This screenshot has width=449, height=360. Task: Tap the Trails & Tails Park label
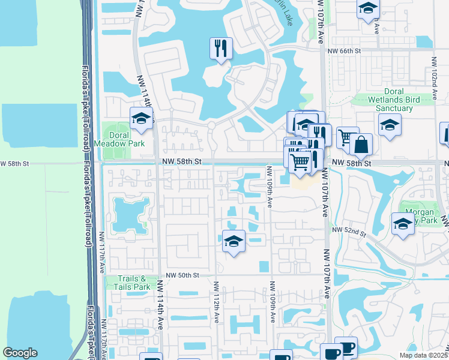coord(133,283)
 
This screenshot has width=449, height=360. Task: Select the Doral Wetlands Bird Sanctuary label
coord(394,103)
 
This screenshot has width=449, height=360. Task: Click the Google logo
coord(20,353)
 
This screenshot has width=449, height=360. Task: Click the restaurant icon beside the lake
coord(221,47)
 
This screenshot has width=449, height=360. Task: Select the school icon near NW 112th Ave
coord(234,241)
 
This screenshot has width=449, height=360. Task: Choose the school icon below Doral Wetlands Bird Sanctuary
coord(390,125)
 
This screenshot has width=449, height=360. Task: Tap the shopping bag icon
coord(361,144)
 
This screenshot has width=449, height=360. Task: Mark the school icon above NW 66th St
coord(367,8)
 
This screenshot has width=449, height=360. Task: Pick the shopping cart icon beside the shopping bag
coord(346,137)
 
